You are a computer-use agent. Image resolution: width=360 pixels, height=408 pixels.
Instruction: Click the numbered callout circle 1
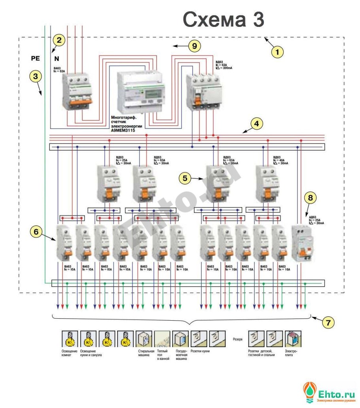277,52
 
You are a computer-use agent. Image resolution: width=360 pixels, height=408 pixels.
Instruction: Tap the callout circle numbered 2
59,40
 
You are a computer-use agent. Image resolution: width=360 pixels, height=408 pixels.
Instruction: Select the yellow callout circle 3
36,77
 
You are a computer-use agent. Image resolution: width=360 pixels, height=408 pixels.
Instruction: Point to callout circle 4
257,123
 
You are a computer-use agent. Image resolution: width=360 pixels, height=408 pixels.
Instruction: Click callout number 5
185,178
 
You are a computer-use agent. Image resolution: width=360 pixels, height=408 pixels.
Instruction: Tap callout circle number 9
194,46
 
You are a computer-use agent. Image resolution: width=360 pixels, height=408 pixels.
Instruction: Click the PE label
36,59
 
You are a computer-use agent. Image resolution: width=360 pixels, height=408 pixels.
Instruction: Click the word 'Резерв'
236,339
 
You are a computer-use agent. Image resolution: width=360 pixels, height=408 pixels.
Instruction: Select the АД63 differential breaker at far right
302,243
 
